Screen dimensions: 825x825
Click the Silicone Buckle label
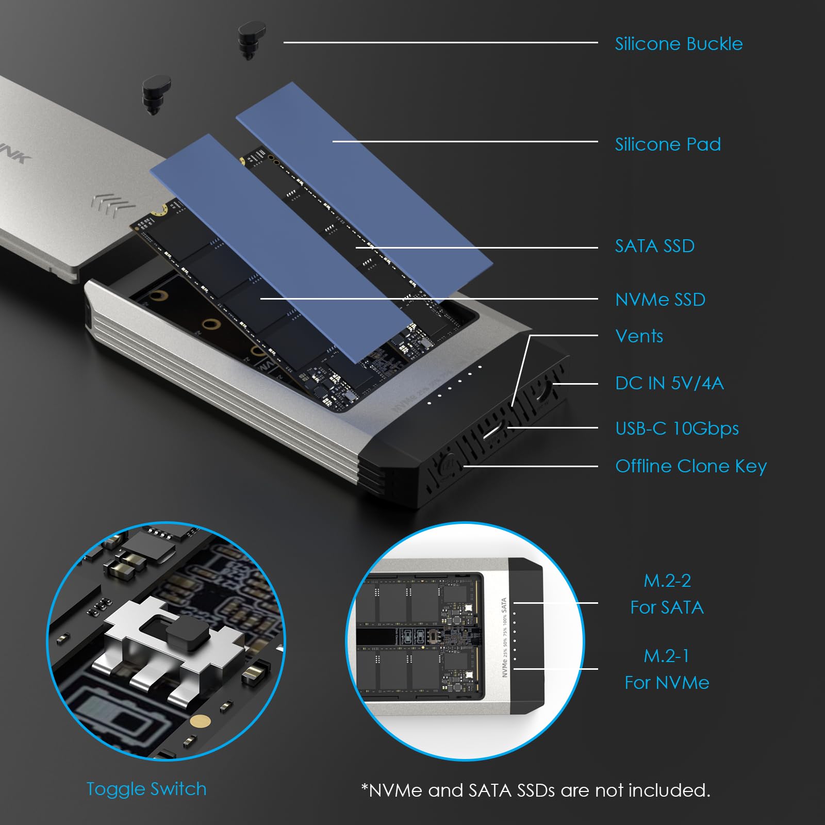coord(679,44)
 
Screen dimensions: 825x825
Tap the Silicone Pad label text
coord(668,144)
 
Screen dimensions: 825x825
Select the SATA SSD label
coord(654,246)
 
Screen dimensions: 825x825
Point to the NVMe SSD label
coord(660,300)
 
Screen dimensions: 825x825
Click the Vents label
coord(639,336)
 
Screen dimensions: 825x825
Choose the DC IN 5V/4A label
coord(669,383)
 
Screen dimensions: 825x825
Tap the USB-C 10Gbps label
coord(676,428)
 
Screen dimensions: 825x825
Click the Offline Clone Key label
coord(691,466)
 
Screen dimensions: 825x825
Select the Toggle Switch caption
coord(146,789)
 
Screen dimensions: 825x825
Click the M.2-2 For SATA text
coord(667,594)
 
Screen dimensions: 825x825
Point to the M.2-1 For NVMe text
coord(667,669)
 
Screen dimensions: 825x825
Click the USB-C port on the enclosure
coord(492,432)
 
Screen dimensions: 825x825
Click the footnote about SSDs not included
coord(536,790)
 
